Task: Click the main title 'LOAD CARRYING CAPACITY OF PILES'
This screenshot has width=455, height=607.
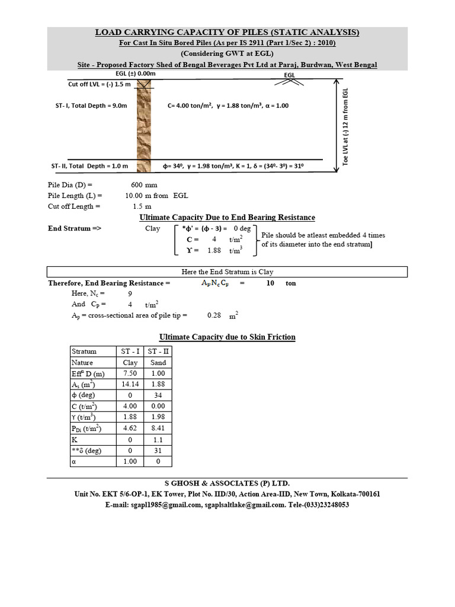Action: [227, 32]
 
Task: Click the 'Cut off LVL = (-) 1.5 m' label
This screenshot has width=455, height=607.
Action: [100, 84]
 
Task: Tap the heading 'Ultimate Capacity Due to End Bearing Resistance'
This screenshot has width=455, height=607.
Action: [227, 218]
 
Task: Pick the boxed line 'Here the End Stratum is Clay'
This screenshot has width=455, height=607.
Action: [227, 272]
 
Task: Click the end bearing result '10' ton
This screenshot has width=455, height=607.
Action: [270, 283]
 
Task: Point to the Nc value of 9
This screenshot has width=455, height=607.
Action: [130, 293]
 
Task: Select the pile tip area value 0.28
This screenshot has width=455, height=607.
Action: [214, 315]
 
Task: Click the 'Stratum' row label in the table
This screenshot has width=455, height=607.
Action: [84, 351]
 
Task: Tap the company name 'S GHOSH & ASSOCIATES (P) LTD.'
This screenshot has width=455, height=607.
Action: [227, 483]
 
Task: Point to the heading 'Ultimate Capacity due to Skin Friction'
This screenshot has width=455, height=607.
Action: [227, 337]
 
